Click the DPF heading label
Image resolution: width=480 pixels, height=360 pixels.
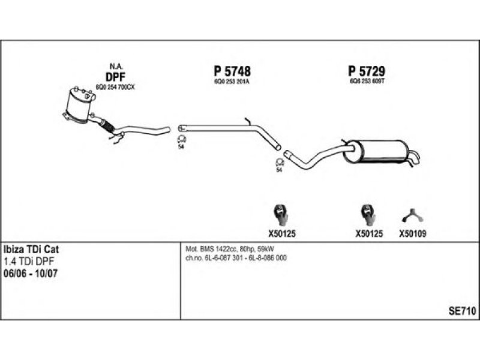(x=115, y=76)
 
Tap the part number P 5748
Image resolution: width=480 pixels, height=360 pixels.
(x=232, y=71)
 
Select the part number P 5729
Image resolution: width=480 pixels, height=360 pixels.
(x=366, y=71)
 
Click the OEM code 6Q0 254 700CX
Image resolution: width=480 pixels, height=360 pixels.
(x=116, y=87)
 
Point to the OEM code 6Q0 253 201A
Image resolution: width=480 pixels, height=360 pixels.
(x=232, y=81)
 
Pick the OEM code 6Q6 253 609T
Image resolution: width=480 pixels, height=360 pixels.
(x=366, y=81)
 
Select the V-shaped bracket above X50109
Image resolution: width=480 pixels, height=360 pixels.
(x=410, y=213)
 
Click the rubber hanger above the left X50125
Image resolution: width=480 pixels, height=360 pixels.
(x=280, y=212)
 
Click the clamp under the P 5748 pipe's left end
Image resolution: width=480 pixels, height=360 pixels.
(x=181, y=141)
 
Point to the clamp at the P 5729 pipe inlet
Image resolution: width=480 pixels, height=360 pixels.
(x=279, y=162)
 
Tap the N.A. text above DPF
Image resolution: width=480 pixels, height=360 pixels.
(x=115, y=65)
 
